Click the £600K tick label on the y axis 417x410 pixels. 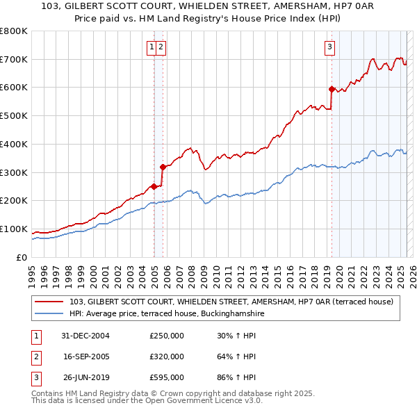14,88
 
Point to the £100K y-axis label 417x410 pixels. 14,229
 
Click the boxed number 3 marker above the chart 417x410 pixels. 329,47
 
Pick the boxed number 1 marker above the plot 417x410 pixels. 151,47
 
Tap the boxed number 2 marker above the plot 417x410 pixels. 161,47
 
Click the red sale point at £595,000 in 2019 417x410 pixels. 332,89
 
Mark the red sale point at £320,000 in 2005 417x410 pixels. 163,167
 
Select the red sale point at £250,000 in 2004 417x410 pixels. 154,186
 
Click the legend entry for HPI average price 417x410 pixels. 167,314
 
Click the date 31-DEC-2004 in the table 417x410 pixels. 85,336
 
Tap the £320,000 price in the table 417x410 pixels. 166,356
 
